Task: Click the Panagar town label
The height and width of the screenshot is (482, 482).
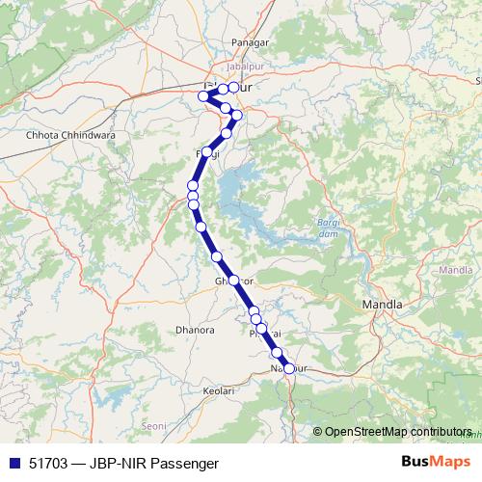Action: pyautogui.click(x=248, y=43)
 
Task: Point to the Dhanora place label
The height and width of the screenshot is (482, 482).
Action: pyautogui.click(x=195, y=330)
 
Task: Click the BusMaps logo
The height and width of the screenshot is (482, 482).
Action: pyautogui.click(x=436, y=463)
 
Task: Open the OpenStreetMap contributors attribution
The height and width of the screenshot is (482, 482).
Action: pyautogui.click(x=398, y=432)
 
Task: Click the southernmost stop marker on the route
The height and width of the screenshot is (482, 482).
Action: pyautogui.click(x=288, y=368)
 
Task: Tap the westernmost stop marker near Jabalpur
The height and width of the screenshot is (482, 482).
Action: pyautogui.click(x=203, y=94)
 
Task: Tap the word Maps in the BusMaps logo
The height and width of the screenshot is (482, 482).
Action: pyautogui.click(x=449, y=463)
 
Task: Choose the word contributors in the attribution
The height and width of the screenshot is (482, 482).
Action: pyautogui.click(x=434, y=432)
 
